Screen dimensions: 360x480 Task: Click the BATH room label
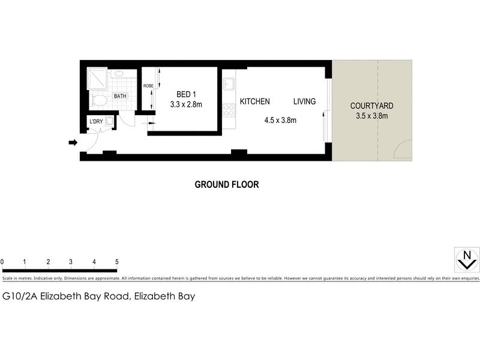point(121,96)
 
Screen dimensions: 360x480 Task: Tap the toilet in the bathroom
point(100,100)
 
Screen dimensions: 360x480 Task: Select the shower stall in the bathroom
point(97,78)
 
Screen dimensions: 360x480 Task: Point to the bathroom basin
point(118,74)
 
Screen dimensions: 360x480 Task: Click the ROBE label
point(148,86)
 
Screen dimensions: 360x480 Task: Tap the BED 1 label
point(185,94)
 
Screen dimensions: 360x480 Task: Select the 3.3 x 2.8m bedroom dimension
point(185,104)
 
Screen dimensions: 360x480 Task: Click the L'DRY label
point(96,122)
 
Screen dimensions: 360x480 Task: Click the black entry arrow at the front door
point(73,143)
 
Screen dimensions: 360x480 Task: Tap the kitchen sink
point(229,84)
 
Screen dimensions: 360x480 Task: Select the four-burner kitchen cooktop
point(229,110)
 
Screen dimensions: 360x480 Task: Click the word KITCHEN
point(255,101)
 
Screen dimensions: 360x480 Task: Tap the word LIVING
point(304,101)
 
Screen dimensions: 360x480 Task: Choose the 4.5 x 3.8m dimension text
point(280,120)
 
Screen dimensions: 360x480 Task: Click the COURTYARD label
point(372,106)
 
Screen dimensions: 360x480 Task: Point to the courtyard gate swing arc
point(402,149)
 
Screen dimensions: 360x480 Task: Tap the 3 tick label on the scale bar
point(71,262)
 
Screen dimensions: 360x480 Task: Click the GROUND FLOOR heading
point(227,185)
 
